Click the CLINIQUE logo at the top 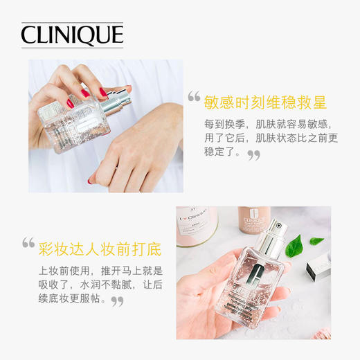click(x=72, y=35)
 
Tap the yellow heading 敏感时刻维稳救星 click(x=264, y=102)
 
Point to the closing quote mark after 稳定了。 click(x=254, y=154)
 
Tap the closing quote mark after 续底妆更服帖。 click(x=118, y=301)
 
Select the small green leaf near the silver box click(x=316, y=241)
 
